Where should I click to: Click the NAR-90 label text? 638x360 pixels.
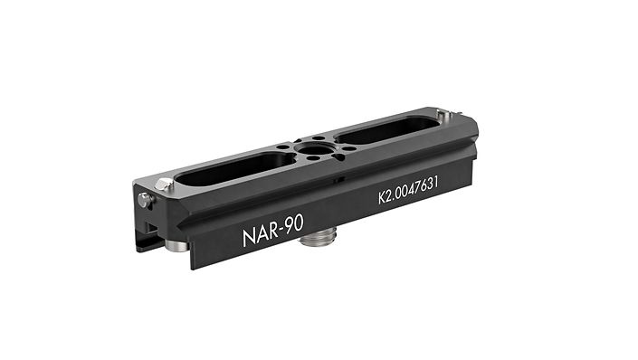point(273,231)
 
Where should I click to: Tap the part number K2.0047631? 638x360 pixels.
point(408,190)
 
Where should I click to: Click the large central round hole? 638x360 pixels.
point(314,149)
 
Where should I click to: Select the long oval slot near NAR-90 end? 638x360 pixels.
point(234,167)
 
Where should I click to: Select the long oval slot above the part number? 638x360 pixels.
point(387,129)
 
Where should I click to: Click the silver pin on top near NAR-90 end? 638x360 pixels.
point(165,185)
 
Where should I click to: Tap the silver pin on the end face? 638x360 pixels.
point(145,200)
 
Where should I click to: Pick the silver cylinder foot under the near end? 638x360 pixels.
point(176,245)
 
